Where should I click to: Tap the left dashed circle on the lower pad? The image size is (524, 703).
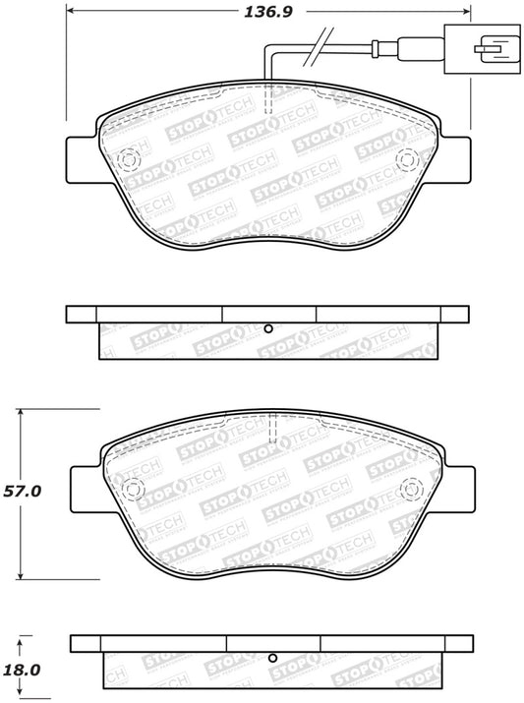pos(130,488)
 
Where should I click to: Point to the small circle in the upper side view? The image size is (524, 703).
pos(267,328)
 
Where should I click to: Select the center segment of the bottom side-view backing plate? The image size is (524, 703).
pos(273,644)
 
